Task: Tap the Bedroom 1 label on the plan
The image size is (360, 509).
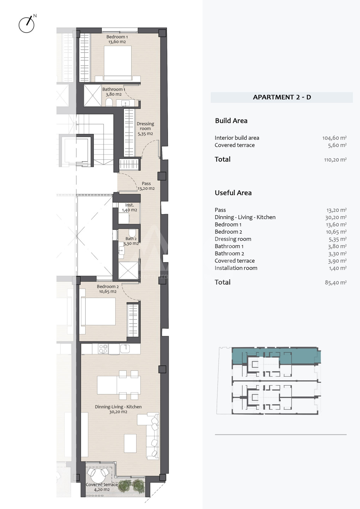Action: point(117,39)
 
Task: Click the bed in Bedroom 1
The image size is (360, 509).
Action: point(118,63)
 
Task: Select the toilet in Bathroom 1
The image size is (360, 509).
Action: point(109,102)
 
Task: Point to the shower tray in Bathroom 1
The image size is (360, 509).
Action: point(93,95)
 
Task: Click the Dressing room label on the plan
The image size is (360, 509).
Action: point(145,129)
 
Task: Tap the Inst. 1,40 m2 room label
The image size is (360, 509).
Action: point(129,207)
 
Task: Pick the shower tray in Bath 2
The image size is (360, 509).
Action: point(128,270)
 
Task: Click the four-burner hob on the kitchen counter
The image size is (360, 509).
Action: point(103,349)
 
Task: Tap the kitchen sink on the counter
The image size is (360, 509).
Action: point(125,349)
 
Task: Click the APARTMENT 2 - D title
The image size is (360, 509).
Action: point(282,97)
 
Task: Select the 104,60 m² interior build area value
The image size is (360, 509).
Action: point(334,138)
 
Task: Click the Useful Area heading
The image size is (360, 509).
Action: point(233,193)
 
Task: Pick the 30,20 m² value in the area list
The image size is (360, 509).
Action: point(336,217)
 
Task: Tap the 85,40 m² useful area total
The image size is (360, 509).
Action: point(336,282)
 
